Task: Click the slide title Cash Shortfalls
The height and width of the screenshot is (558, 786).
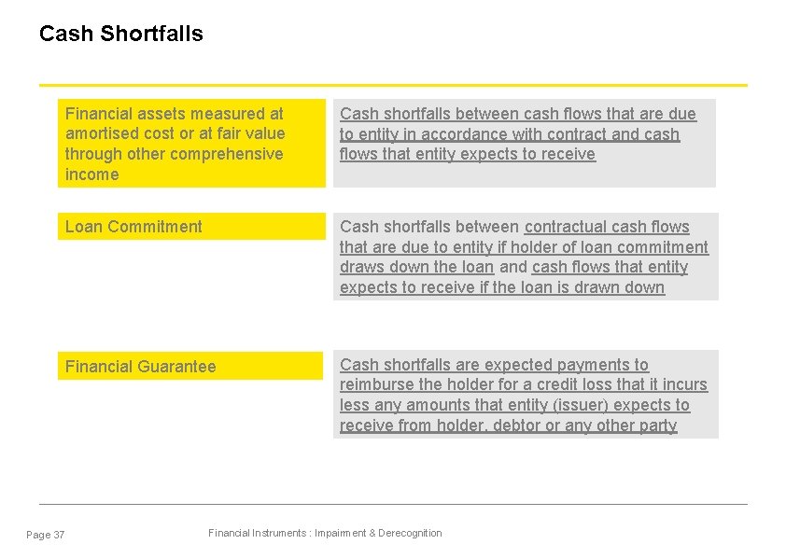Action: (x=120, y=34)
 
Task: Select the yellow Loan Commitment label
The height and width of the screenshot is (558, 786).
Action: (x=133, y=227)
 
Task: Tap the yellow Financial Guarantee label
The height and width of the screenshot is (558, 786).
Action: (x=140, y=367)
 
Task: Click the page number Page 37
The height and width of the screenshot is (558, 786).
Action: (x=46, y=535)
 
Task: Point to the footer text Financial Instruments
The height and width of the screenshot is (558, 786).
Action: (x=257, y=533)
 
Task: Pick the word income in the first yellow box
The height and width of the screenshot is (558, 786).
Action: (x=91, y=174)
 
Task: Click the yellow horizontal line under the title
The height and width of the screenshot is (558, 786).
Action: (x=393, y=85)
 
